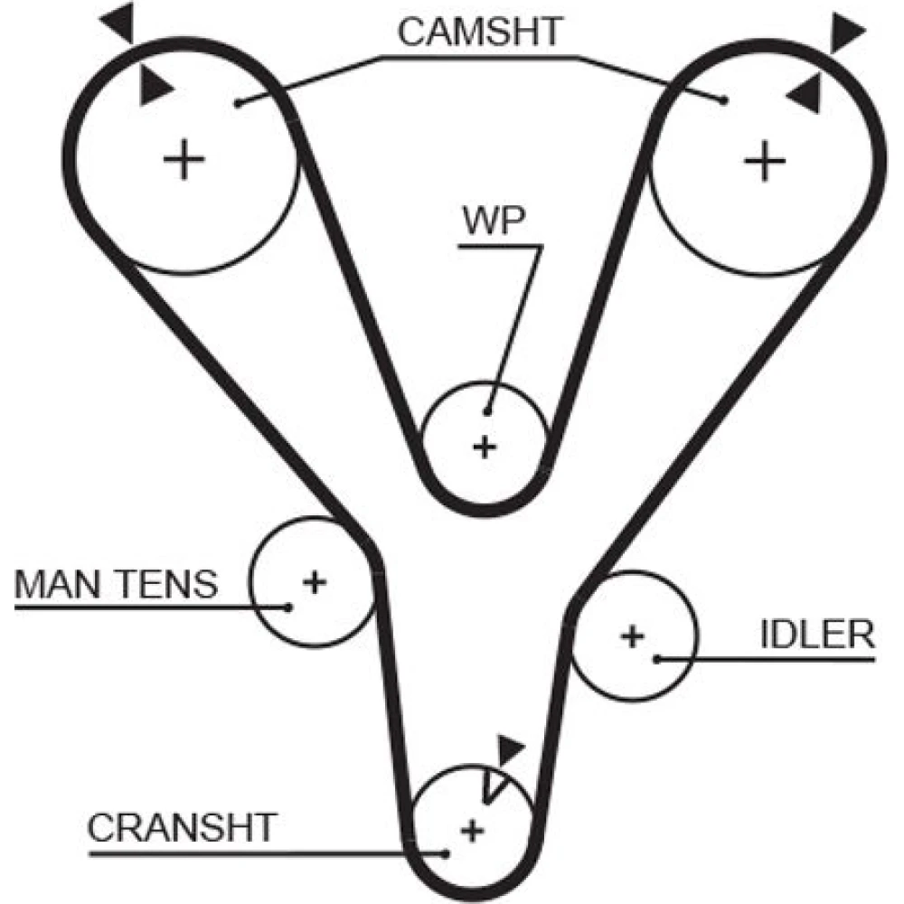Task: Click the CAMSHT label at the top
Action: click(480, 32)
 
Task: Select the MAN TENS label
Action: click(117, 585)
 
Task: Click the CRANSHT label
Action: click(181, 826)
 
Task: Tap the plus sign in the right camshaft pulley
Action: click(766, 162)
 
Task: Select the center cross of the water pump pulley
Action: click(485, 446)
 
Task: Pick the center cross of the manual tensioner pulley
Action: click(314, 581)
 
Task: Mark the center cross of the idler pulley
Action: click(633, 636)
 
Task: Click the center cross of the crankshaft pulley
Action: click(470, 830)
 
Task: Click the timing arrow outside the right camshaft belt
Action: click(847, 33)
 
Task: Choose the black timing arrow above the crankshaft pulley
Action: click(512, 750)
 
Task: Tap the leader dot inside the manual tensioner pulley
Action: click(288, 607)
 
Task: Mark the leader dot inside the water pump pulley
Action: click(488, 412)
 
